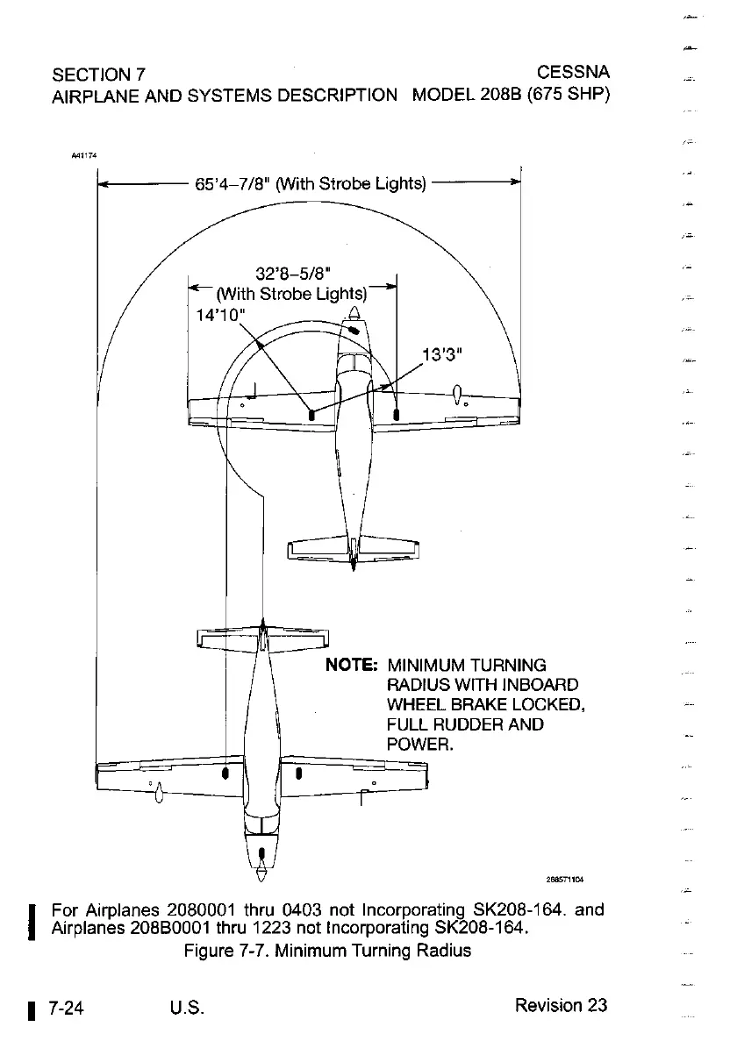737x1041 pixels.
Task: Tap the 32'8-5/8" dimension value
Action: point(292,274)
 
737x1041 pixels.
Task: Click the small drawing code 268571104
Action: point(565,877)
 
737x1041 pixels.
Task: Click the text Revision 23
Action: point(562,1005)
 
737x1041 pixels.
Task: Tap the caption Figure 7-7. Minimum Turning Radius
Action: point(327,950)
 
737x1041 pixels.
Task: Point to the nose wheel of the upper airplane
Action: point(354,331)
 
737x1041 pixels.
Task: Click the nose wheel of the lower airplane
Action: point(261,852)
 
